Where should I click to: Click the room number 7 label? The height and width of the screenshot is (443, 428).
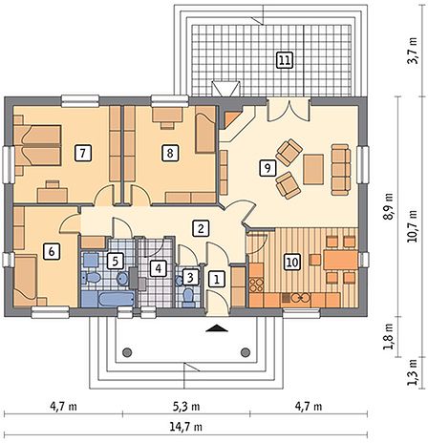tap(83, 154)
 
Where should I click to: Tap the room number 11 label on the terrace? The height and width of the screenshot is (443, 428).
tap(285, 60)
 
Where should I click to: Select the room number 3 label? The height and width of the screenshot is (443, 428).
tap(190, 278)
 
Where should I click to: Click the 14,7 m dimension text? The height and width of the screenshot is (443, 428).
tap(186, 427)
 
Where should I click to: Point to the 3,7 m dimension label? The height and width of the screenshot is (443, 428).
tap(413, 51)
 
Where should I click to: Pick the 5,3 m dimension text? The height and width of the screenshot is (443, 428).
tap(186, 407)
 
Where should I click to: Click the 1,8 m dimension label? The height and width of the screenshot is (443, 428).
tap(389, 337)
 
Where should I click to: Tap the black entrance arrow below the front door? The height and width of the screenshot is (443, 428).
tap(217, 328)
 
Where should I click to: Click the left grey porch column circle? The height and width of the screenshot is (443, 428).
tap(127, 352)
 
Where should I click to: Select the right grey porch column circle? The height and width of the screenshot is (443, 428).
tap(246, 352)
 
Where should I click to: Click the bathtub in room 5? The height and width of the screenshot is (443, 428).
tap(117, 299)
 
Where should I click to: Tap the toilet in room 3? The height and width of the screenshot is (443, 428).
tap(189, 297)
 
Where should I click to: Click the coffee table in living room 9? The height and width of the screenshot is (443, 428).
tap(313, 169)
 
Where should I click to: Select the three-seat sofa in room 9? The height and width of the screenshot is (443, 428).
tap(341, 169)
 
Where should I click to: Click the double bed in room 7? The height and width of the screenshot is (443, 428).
tap(37, 145)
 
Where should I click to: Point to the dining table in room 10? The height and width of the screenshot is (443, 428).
tap(341, 260)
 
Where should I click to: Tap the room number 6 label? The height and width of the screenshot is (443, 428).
tap(52, 252)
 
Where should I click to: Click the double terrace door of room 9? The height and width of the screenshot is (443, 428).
tap(289, 110)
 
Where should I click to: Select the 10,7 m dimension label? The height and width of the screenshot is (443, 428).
tap(413, 226)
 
